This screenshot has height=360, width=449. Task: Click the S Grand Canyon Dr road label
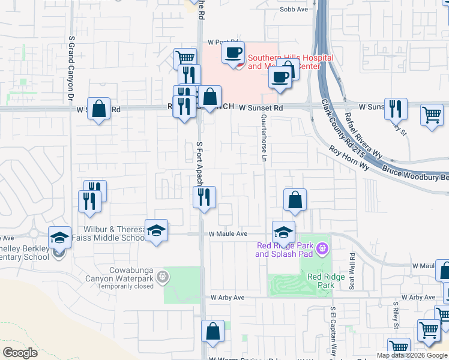[71, 67]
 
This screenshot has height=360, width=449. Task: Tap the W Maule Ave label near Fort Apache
[228, 234]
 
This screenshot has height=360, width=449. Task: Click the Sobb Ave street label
[294, 10]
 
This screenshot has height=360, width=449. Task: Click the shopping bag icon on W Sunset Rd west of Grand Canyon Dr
[99, 109]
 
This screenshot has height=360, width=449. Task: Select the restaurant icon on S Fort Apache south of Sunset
[204, 196]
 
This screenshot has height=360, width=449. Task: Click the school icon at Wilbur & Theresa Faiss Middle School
[156, 230]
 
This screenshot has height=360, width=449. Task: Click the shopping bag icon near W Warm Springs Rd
[213, 331]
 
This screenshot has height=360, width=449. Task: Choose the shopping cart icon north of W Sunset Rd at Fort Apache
[185, 58]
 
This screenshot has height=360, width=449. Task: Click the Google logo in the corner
[20, 353]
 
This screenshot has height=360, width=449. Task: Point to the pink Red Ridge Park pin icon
[322, 247]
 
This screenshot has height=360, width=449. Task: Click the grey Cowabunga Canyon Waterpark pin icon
[162, 277]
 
